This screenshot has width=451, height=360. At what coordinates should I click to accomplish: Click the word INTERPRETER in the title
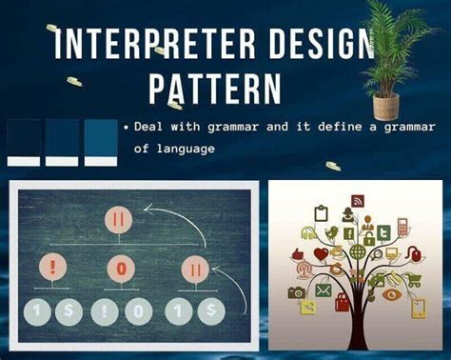pos(134,45)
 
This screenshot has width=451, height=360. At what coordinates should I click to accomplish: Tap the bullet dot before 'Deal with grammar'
pos(127,127)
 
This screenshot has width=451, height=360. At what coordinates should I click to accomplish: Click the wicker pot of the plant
pos(385,104)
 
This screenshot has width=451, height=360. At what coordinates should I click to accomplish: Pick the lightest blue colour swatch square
pos(100,137)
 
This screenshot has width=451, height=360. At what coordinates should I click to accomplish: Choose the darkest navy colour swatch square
pos(24,137)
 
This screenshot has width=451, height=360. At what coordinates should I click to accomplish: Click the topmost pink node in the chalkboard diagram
pos(119,220)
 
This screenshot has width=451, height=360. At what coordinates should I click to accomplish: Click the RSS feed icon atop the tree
pos(358,201)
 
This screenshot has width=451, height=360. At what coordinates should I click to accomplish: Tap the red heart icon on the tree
pos(321,253)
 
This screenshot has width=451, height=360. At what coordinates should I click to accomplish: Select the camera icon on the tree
pos(297,291)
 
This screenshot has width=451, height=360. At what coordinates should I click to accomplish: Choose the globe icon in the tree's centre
pos(358,252)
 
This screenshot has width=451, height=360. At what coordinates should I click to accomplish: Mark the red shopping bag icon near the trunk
pos(342,303)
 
